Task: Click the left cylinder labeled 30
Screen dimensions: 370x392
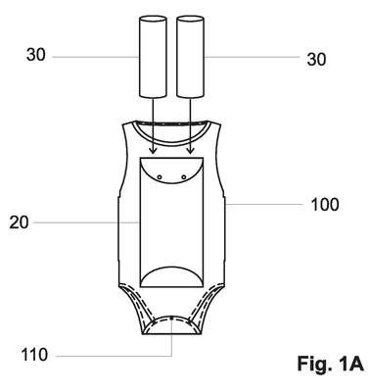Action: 153,57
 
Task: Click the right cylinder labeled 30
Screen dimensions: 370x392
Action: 191,57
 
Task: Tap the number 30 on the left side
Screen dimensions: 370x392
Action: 36,55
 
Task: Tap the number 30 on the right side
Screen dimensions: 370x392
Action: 316,60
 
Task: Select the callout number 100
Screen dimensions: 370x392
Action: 325,205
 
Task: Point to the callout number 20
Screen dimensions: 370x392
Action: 19,222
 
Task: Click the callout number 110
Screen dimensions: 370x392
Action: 34,355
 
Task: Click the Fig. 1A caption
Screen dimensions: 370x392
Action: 330,364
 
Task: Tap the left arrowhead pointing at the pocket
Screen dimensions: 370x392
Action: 153,151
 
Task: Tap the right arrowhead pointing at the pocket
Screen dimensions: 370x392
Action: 190,151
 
